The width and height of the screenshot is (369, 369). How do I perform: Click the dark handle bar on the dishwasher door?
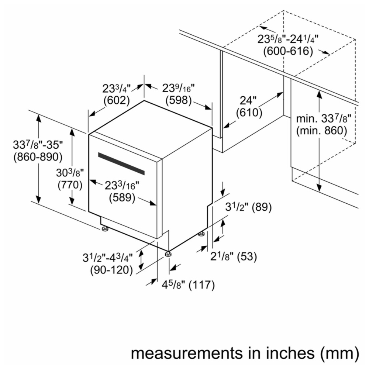point(121,163)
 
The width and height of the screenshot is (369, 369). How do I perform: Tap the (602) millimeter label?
point(117,100)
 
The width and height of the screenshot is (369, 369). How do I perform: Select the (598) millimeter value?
point(178,100)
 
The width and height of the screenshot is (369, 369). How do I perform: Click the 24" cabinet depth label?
point(248,100)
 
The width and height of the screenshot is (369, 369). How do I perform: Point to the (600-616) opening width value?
point(288,51)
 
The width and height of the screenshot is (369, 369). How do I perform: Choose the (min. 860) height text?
point(321,131)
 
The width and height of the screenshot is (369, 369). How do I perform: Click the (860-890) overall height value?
point(38,157)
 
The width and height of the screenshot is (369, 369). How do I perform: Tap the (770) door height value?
point(70,185)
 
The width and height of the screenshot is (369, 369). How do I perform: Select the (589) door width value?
point(122,197)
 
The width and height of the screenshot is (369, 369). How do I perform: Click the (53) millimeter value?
point(247,256)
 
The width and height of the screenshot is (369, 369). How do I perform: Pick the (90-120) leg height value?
point(111,270)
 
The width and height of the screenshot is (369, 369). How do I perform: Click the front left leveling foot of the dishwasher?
point(104,228)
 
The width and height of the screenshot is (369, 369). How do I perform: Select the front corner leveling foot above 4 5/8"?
point(168,254)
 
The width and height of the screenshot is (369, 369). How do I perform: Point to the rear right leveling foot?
point(201,234)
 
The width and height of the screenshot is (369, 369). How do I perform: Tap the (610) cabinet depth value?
point(249,113)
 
